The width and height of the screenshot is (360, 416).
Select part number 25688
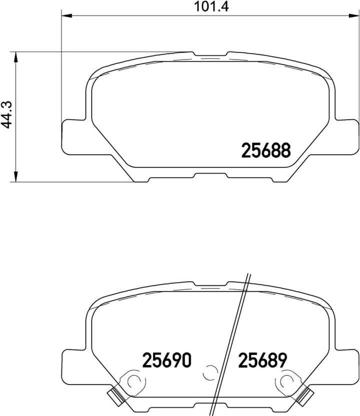[x=266, y=150]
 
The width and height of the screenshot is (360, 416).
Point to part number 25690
[x=167, y=360]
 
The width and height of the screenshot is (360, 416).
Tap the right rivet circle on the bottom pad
[x=287, y=381]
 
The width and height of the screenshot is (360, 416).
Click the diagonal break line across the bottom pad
[x=231, y=345]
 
